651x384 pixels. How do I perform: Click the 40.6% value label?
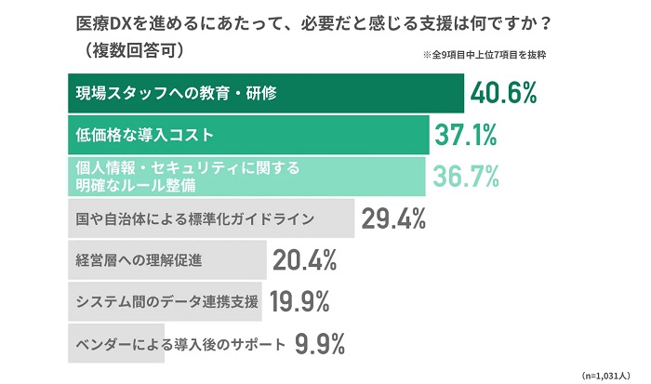click(505, 93)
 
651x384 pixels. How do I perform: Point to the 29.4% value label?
click(393, 219)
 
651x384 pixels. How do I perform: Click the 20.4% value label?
click(304, 261)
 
